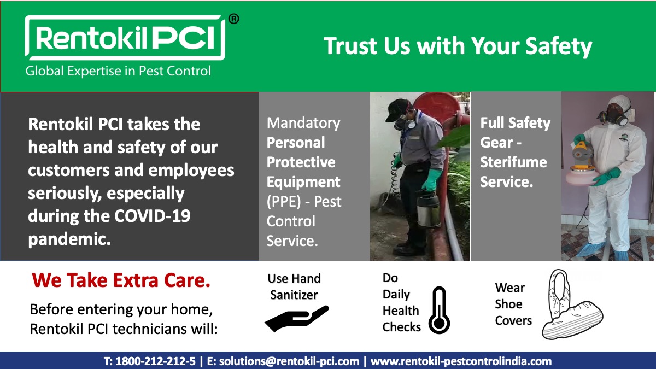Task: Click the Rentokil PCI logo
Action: (125, 38)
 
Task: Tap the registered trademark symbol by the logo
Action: (233, 19)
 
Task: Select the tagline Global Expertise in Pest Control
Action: (118, 71)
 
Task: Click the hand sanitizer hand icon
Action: (296, 318)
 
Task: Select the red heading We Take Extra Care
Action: (121, 280)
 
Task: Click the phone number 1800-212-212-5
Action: (156, 361)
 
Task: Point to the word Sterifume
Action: (513, 162)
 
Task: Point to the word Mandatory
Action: (303, 123)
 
